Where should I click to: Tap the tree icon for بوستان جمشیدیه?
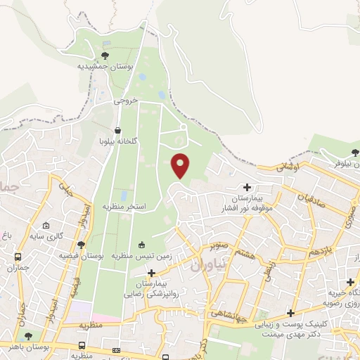(105, 55)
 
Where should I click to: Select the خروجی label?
(126, 101)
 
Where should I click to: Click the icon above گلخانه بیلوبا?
(116, 131)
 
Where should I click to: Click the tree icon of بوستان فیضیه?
(82, 245)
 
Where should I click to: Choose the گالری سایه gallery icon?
(46, 226)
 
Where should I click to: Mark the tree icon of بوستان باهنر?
(28, 336)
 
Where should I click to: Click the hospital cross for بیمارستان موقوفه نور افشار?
(247, 187)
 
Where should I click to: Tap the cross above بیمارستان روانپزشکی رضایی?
(151, 272)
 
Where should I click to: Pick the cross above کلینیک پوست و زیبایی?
(290, 313)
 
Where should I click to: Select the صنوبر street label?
(219, 246)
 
